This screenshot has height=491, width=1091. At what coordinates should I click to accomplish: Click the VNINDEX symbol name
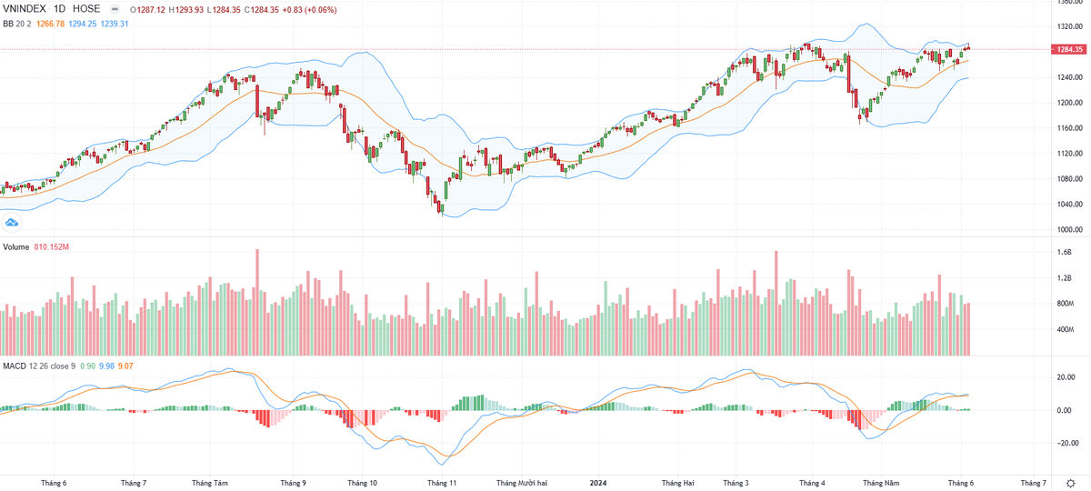(x=25, y=9)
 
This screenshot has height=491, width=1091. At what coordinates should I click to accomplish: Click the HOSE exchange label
(x=86, y=9)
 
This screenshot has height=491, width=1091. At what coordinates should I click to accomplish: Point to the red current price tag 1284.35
(x=1068, y=49)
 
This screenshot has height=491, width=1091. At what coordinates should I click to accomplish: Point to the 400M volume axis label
(x=1066, y=329)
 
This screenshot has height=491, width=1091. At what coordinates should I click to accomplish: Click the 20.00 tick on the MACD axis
(x=1065, y=377)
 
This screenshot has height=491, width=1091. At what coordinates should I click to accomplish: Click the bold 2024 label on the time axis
(x=598, y=483)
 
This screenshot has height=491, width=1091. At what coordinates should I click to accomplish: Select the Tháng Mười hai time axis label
(x=522, y=483)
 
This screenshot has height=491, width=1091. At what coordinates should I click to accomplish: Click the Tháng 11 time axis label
(x=441, y=483)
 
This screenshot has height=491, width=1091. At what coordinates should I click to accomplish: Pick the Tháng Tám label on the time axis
(x=210, y=483)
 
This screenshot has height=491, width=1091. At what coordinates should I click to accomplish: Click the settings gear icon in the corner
(x=1071, y=483)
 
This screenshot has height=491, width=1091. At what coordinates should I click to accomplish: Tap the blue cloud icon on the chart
(x=13, y=222)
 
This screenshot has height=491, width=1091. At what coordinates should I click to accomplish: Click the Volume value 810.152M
(x=52, y=247)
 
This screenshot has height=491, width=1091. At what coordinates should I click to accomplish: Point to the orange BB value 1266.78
(x=47, y=24)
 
